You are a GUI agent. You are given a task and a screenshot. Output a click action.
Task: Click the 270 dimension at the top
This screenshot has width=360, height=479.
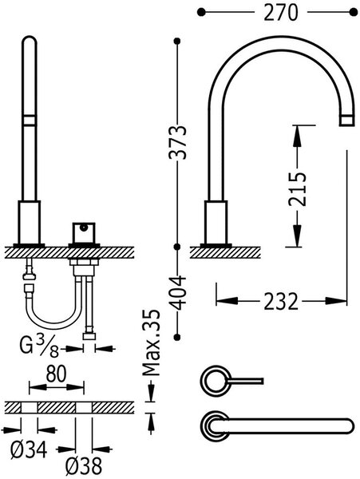point(280,13)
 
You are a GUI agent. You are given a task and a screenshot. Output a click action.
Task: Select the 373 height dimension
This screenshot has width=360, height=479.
point(177,142)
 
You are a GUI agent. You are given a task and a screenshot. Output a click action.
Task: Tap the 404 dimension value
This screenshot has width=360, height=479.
point(177,293)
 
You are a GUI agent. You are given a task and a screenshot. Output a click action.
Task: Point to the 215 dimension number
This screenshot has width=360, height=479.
point(297,189)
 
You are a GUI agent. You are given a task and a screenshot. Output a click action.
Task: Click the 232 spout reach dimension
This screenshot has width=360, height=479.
point(281,301)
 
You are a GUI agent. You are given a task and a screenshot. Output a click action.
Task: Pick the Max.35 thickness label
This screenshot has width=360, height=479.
point(152,342)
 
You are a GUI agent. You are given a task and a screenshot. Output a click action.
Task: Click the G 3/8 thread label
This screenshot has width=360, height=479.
point(39,347)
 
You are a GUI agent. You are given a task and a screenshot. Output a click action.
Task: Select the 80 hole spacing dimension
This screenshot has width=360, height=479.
point(56,374)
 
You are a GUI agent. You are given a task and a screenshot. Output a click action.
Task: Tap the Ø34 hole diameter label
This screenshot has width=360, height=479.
point(29,450)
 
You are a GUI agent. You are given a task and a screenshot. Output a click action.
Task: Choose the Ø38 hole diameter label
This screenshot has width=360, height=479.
point(83,467)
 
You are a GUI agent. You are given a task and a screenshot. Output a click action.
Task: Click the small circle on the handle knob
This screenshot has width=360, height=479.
point(83,228)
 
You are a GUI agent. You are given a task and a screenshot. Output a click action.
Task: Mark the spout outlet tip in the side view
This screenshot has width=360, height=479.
point(347,121)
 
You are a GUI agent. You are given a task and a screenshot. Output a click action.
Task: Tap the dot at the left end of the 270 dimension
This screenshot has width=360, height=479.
point(201,13)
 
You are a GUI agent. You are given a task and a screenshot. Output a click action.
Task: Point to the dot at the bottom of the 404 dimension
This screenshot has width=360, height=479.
point(177,337)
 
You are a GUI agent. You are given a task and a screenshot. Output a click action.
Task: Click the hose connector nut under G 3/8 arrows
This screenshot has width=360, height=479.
point(89,337)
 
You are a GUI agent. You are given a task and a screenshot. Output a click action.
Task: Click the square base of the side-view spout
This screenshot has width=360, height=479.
point(216,223)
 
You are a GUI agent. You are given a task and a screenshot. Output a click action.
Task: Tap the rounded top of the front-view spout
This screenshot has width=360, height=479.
point(30,42)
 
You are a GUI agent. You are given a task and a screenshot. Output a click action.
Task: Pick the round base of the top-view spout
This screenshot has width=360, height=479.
point(215,426)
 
